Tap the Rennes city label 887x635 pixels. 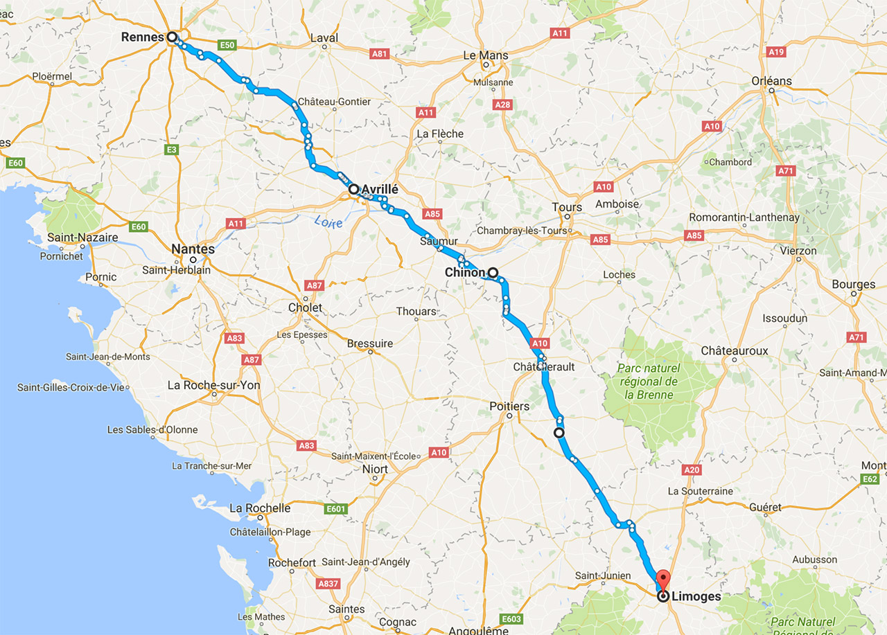pyautogui.click(x=143, y=37)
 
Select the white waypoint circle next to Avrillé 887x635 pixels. pyautogui.click(x=353, y=188)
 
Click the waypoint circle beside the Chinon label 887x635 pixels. pyautogui.click(x=493, y=272)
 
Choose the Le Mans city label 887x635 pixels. pyautogui.click(x=485, y=55)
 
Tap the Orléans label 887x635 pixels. pyautogui.click(x=771, y=81)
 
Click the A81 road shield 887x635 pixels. pyautogui.click(x=380, y=54)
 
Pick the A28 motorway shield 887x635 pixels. pyautogui.click(x=503, y=105)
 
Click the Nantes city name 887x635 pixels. pyautogui.click(x=193, y=249)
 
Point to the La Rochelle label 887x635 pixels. pyautogui.click(x=259, y=508)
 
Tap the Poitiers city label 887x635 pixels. pyautogui.click(x=509, y=406)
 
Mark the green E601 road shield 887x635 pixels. pyautogui.click(x=335, y=510)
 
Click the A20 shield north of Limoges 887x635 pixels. pyautogui.click(x=692, y=469)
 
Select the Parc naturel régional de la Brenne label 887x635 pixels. pyautogui.click(x=649, y=382)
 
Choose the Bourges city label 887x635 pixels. pyautogui.click(x=853, y=285)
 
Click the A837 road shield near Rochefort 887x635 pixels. pyautogui.click(x=328, y=584)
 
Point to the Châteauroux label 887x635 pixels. pyautogui.click(x=734, y=351)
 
